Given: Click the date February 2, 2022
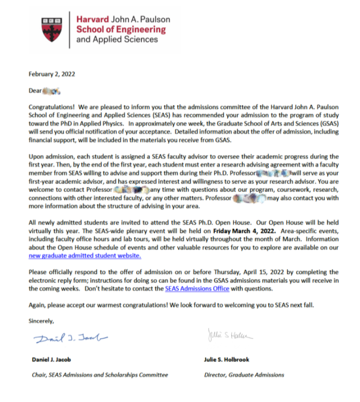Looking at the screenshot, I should pos(52,74).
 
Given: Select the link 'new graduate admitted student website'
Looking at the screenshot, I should pos(84,255).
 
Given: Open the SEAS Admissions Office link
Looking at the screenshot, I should pos(197,289).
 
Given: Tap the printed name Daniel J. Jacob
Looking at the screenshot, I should pos(55,359).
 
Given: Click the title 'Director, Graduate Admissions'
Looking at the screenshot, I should pos(244,374).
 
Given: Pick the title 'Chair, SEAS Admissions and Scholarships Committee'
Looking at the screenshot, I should pos(99,374).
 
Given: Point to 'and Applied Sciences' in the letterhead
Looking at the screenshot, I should pos(117,39).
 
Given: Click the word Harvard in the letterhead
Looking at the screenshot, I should pos(90,19).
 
